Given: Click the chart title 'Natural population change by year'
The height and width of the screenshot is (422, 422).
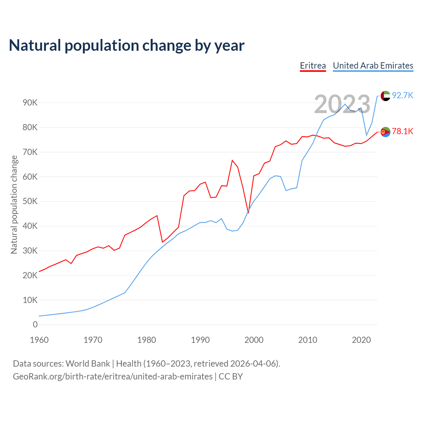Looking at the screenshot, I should (127, 45).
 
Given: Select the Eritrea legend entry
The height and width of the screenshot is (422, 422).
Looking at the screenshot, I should (313, 66).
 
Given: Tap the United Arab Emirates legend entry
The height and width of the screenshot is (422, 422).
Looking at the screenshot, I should (373, 66).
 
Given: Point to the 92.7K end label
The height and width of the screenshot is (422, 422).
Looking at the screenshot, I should (403, 96).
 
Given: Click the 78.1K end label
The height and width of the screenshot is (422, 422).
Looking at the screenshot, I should (403, 132).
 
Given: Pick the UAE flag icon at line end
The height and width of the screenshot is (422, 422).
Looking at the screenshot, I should (385, 96).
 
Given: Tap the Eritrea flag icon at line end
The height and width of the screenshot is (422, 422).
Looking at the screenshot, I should (385, 132).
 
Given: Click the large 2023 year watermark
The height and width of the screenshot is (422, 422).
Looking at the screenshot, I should (342, 104).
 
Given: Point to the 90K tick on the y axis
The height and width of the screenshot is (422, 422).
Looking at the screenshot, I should (30, 103).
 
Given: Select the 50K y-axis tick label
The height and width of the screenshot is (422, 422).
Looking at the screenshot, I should (30, 201).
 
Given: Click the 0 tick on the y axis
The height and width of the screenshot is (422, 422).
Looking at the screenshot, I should (35, 325).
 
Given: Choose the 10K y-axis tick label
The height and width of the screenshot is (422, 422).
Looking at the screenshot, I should (30, 300).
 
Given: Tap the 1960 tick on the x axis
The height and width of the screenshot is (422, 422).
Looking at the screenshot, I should (39, 340).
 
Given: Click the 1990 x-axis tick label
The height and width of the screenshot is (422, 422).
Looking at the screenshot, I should (200, 340).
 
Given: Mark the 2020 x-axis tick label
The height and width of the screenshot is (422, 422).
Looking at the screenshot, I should (361, 340).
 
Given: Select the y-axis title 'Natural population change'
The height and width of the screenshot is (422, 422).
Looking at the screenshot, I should (14, 205).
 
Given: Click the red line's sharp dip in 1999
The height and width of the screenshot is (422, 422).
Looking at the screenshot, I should (248, 213).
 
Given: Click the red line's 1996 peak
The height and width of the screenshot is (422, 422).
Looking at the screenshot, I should (232, 161).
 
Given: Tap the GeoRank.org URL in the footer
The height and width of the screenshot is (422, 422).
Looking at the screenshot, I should (113, 377).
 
